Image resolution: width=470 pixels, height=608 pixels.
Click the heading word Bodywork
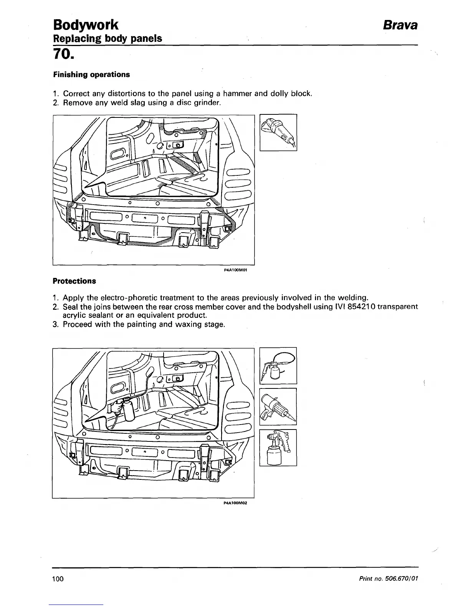pos(85,25)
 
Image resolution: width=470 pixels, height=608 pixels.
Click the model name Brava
pos(399,25)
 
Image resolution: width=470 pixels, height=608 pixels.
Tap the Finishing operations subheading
pos(91,74)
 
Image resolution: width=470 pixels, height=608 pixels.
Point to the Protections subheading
pos(74,281)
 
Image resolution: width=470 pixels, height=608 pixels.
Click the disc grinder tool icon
pos(278,132)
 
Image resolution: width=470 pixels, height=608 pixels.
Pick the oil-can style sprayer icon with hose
pos(278,365)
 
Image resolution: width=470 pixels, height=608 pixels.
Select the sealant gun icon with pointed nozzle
pos(278,407)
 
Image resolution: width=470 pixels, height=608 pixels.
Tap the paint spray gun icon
pos(278,448)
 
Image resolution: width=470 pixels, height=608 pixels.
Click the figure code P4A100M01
pos(235,270)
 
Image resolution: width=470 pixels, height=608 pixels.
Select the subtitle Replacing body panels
pos(107,38)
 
